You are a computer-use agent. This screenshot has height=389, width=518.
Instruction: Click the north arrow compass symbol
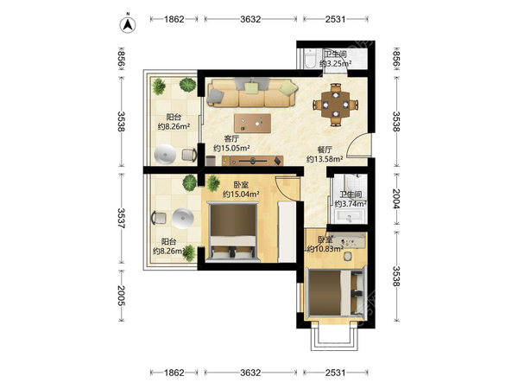pos(128,24)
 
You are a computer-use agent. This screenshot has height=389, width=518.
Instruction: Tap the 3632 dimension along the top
pos(250,19)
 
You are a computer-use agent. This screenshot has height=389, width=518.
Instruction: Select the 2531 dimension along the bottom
pos(335,373)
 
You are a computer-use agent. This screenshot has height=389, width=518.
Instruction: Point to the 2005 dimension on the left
pos(121,296)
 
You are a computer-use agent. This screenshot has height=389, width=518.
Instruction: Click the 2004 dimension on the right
pos(397,199)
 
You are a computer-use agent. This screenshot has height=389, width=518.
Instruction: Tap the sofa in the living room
pos(252,92)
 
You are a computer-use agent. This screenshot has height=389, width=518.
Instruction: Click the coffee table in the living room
pos(253,124)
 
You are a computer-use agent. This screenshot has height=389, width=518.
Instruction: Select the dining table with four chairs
pos(336,105)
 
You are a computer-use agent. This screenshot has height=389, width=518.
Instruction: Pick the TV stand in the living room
pos(252,161)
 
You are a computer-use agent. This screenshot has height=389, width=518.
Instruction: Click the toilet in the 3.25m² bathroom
pos(310,59)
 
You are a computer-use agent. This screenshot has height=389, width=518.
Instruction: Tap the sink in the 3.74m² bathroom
pos(350,217)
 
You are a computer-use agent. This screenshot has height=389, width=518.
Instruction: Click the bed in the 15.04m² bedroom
pos(234,231)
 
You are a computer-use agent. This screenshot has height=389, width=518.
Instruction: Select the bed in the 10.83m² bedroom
pos(336,293)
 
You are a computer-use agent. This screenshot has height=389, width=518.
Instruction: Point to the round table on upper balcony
pos(165,155)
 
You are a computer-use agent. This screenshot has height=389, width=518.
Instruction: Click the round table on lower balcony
pos(183,219)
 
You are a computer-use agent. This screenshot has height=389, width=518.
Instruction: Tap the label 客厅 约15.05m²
pos(231,143)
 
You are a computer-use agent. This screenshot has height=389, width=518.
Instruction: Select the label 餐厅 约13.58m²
pos(325,155)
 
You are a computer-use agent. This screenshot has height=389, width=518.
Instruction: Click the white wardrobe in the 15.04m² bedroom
pos(287,232)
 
